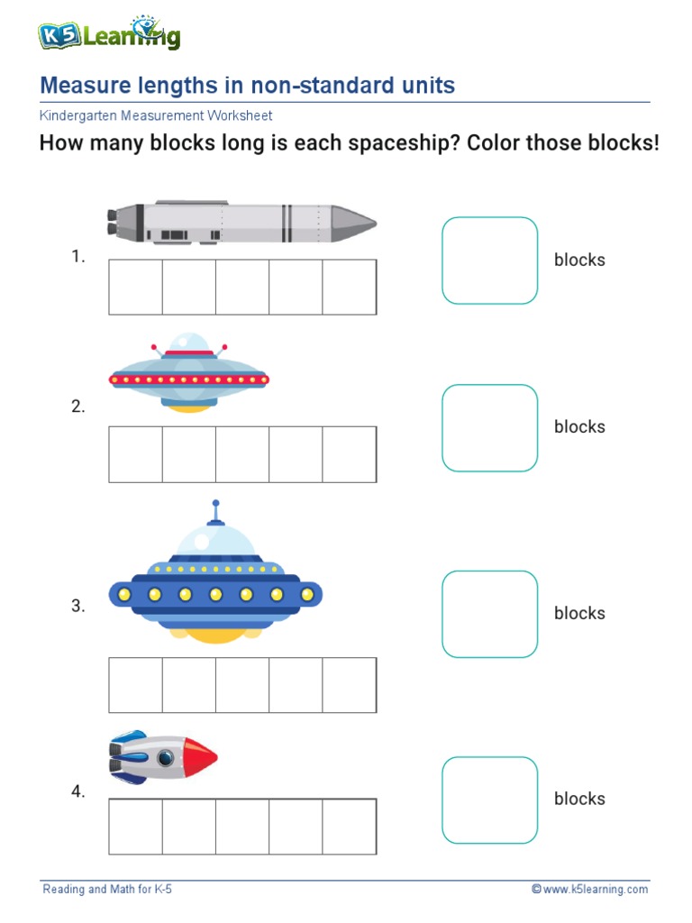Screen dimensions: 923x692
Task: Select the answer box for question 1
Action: point(489,260)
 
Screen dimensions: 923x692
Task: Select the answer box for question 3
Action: point(489,613)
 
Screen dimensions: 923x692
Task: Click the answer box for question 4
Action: point(489,800)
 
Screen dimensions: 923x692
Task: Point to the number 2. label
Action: point(78,407)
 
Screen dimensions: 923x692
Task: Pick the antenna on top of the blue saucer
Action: point(215,511)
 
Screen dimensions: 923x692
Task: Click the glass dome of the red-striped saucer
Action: point(190,343)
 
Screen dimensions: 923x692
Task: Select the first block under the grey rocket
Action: point(136,287)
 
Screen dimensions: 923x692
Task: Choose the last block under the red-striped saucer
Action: point(350,454)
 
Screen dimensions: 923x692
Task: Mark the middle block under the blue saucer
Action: point(242,685)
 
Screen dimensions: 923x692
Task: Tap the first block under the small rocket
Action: point(136,826)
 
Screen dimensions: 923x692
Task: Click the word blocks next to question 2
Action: point(579,426)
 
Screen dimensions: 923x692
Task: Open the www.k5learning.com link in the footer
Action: point(595,890)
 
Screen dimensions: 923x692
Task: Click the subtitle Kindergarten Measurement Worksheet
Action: point(156,116)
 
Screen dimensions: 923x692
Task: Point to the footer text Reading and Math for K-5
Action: point(107,890)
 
